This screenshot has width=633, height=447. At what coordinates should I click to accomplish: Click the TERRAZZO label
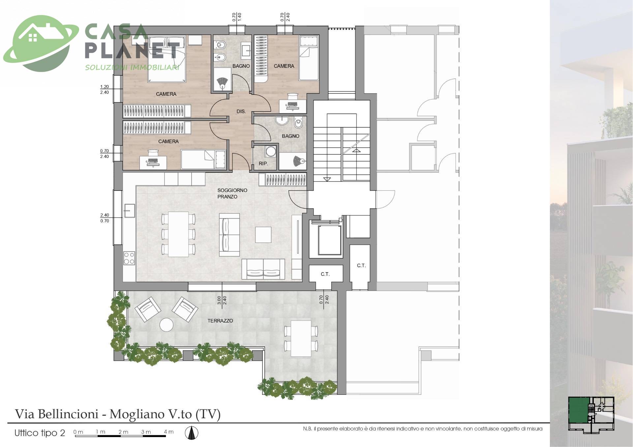pos(220,321)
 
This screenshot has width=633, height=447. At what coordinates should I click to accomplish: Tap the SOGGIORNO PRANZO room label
pos(232,193)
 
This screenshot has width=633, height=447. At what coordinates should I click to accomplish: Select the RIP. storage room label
pos(263,164)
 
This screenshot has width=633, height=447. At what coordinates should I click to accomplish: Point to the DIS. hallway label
pos(241,112)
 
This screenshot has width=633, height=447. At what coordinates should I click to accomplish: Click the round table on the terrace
pos(166,325)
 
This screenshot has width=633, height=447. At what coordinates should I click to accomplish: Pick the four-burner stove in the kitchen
pos(129,258)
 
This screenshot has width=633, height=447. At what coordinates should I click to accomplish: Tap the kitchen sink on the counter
pos(129,211)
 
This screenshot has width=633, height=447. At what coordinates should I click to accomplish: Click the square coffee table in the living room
pos(263,235)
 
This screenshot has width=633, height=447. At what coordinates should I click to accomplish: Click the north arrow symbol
pos(191,433)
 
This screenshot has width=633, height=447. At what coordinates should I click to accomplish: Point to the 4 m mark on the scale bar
pos(169,432)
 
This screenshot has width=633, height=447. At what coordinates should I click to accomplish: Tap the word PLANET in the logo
pos(132,50)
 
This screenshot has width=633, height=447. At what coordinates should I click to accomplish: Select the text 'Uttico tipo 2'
pos(40,433)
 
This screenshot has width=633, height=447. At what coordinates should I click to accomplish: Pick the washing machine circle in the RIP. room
pos(271,151)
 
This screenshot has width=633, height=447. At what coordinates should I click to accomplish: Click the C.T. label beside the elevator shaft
pos(325,274)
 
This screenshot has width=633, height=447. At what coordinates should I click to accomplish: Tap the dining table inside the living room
pos(178,234)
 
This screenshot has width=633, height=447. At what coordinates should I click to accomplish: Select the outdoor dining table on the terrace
pos(301,338)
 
